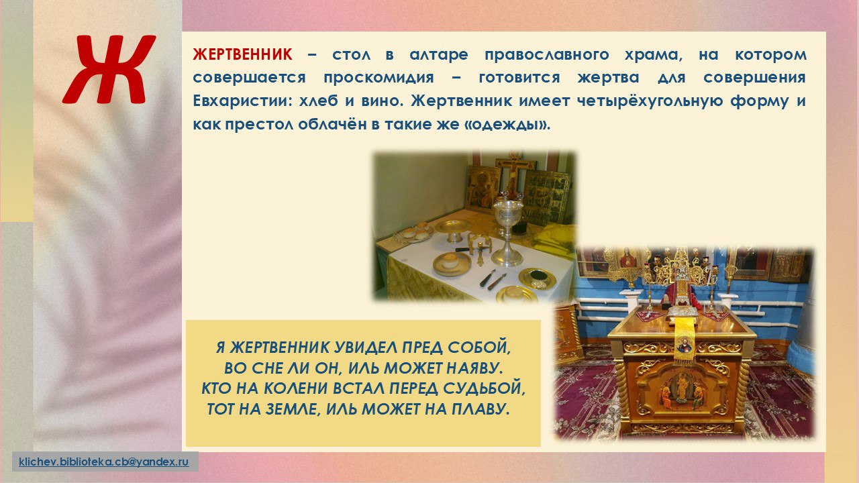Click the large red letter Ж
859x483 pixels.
(109, 69)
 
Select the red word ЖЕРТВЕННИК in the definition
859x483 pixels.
(242, 54)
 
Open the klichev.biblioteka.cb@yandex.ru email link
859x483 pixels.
(104, 462)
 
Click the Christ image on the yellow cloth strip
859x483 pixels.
(683, 345)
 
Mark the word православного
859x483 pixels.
(547, 55)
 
